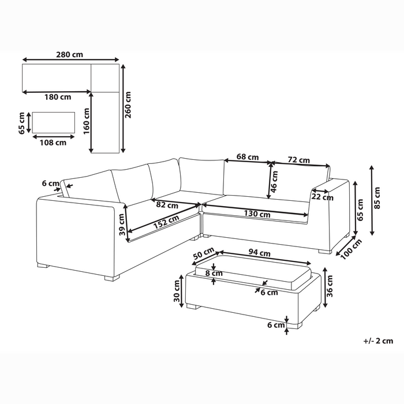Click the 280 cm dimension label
pyautogui.click(x=70, y=54)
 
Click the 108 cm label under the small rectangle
pyautogui.click(x=53, y=143)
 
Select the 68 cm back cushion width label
pyautogui.click(x=246, y=157)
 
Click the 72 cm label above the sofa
pyautogui.click(x=298, y=160)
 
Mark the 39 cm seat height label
pyautogui.click(x=121, y=224)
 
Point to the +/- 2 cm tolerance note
pyautogui.click(x=379, y=341)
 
